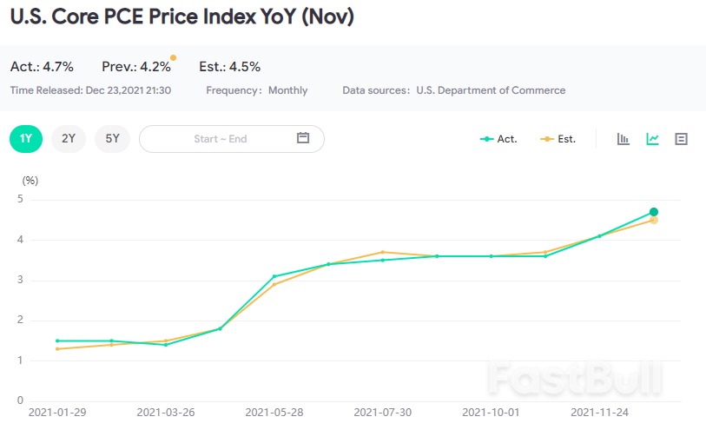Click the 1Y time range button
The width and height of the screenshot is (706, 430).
click(x=26, y=139)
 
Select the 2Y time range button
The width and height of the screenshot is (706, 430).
click(x=69, y=139)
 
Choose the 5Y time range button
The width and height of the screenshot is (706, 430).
click(x=112, y=139)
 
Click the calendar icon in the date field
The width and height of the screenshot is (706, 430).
click(x=303, y=138)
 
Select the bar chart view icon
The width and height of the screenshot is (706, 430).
click(x=624, y=139)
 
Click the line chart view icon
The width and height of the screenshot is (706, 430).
click(x=652, y=139)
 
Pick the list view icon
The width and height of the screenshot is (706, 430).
click(x=681, y=139)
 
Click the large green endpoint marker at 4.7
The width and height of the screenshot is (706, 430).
click(x=653, y=212)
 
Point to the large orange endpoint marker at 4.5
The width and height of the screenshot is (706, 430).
click(x=653, y=221)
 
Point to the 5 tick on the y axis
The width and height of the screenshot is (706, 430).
click(x=19, y=200)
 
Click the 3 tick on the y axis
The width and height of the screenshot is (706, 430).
click(x=19, y=281)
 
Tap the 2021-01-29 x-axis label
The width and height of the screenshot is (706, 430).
click(x=57, y=413)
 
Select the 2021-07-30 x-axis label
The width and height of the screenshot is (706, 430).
click(x=384, y=413)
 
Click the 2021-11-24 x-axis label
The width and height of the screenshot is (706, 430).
click(x=601, y=413)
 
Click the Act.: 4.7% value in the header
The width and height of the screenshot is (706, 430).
click(x=42, y=67)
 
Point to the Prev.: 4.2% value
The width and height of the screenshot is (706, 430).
click(x=135, y=67)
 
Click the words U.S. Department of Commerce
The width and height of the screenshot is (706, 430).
click(x=491, y=90)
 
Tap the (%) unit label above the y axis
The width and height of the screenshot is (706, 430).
click(x=30, y=181)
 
